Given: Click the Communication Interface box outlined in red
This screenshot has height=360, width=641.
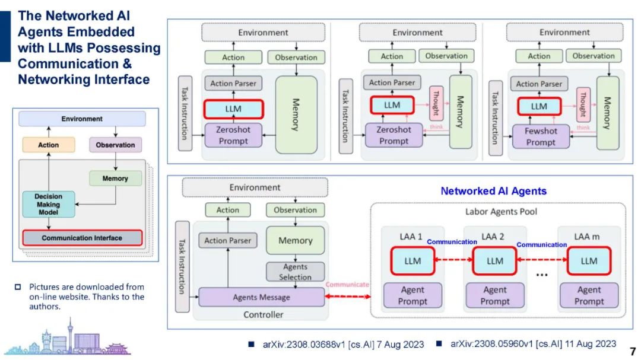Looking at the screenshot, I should point(82,238).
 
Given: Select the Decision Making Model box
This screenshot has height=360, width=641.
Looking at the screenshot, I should point(49,204).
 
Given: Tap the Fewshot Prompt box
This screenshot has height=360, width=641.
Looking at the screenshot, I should point(540,136).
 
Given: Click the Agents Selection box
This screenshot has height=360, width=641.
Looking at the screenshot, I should point(295,272).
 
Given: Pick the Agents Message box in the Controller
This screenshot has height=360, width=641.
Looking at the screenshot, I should point(261,297).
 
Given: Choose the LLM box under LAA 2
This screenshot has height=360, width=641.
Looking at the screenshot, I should point(494,261).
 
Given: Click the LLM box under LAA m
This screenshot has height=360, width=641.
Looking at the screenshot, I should point(589,261).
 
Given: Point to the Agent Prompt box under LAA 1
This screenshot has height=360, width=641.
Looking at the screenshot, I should point(412,295).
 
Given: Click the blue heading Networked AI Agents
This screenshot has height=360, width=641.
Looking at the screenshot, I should point(493,191).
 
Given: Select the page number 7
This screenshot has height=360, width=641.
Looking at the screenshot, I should point(633,351).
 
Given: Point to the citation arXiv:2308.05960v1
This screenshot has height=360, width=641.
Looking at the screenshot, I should point(532,344).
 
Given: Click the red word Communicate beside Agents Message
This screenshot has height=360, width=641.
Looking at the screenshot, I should point(348,285).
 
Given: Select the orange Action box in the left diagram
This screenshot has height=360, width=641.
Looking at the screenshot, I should point(49,145).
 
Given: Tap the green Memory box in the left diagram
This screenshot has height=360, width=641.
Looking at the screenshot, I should point(115,178).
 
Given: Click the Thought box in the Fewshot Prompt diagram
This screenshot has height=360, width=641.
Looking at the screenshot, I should point(583,104).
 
